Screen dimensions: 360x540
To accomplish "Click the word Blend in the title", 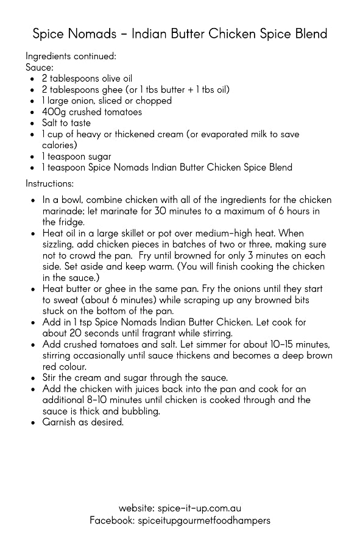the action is point(307,33).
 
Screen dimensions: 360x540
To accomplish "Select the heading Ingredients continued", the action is point(71,56).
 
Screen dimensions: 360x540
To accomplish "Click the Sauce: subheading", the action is point(40,67).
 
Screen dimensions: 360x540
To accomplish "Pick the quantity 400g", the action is point(54,112).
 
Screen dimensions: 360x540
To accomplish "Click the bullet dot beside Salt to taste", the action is point(32,124).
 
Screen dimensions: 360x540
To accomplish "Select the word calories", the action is point(59,145).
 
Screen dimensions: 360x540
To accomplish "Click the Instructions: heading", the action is point(50,183).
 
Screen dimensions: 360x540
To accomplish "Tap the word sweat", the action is point(66,299).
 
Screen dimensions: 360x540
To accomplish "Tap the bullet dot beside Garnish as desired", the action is point(32,422).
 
